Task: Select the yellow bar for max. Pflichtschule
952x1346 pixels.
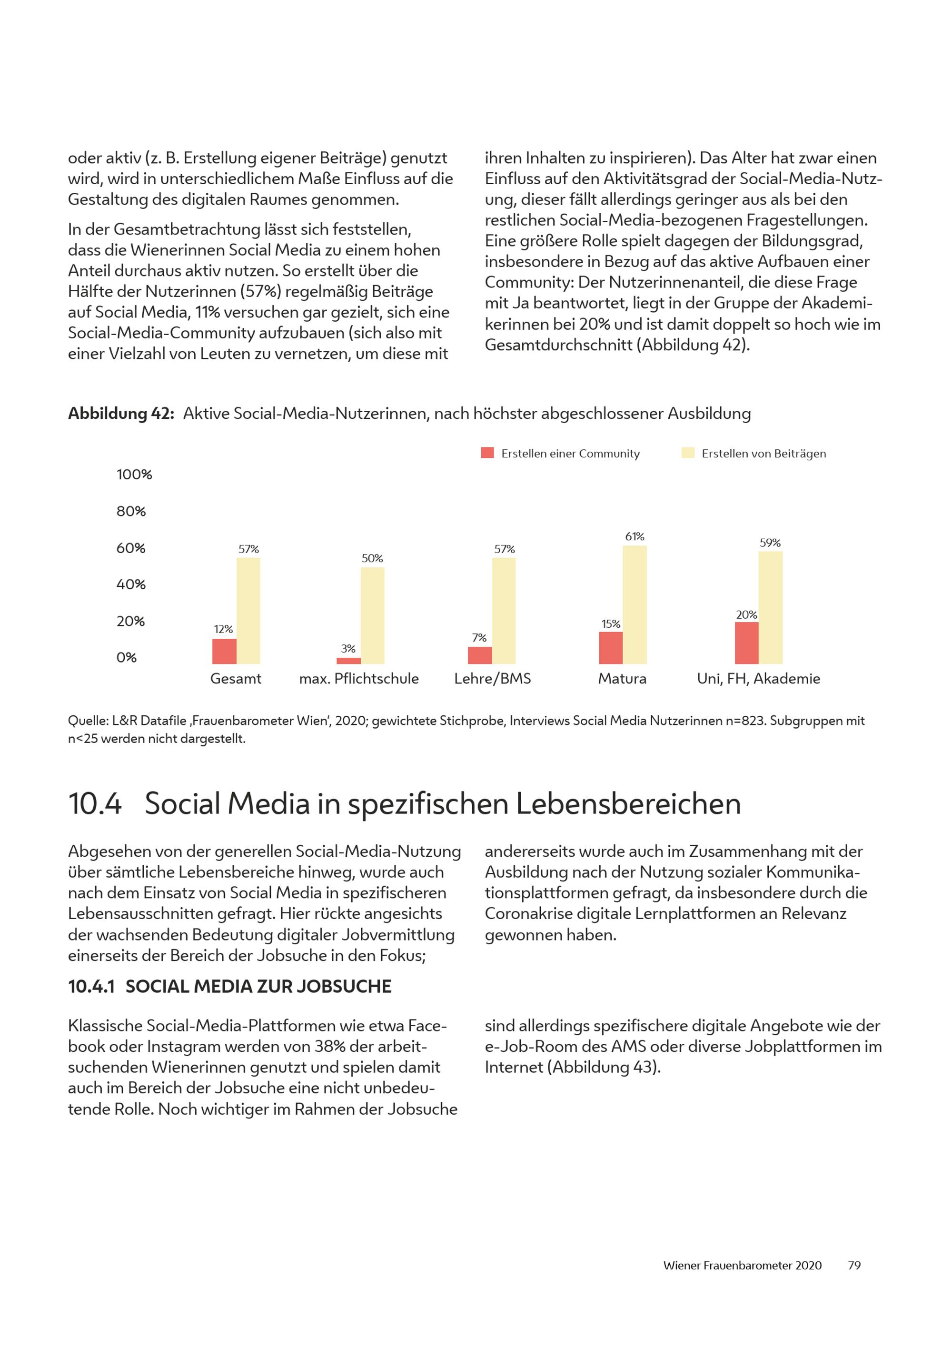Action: coord(372,615)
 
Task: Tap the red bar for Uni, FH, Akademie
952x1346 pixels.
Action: coord(746,643)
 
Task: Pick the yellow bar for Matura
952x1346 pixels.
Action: coord(635,605)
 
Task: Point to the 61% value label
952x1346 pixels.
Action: coord(635,536)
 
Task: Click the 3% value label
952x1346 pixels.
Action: coord(348,648)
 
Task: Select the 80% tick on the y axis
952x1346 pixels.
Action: coord(131,511)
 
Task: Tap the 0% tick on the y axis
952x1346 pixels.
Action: coord(126,657)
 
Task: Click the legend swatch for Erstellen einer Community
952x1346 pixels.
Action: coord(487,453)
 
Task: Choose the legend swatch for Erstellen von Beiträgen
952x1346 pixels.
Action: coord(688,453)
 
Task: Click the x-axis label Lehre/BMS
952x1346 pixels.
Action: coord(492,679)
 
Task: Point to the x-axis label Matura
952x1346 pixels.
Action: coord(622,679)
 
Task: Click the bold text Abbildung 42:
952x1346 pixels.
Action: coord(121,414)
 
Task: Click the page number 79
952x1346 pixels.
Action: coord(854,1266)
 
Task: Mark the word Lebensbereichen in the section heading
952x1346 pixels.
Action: coord(628,804)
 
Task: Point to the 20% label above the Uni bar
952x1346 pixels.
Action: coord(746,614)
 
